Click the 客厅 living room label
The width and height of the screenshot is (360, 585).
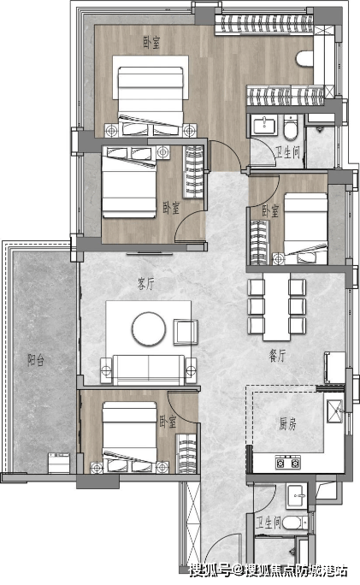coord(145,284)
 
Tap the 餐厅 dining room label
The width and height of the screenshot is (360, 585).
coord(277,356)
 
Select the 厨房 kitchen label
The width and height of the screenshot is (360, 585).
coord(287,423)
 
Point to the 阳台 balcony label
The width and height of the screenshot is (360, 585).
coord(36,360)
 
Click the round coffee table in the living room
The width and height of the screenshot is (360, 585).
coord(149,328)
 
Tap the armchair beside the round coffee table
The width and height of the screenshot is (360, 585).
coord(185,332)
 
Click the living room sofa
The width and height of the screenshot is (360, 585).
coord(149,369)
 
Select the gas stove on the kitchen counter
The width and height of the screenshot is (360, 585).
coord(287,463)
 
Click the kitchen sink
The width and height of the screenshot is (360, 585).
coord(334,411)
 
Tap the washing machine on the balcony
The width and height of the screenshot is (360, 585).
coord(59,463)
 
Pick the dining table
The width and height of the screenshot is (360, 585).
coord(276,307)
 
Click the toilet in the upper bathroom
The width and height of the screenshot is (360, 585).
coord(290,127)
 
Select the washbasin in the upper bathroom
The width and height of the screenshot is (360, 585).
coord(264,124)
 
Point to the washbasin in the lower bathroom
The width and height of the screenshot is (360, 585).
coord(297,496)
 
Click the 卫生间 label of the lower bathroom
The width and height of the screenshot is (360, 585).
coord(269,523)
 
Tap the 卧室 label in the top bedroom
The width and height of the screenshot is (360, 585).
coord(152,42)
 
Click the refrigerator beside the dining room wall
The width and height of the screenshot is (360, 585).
coord(334,367)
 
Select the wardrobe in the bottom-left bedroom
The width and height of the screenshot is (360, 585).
coord(186,453)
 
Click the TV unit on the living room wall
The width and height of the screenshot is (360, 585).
coord(150,254)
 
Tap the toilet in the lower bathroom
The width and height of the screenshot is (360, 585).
coord(295,523)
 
